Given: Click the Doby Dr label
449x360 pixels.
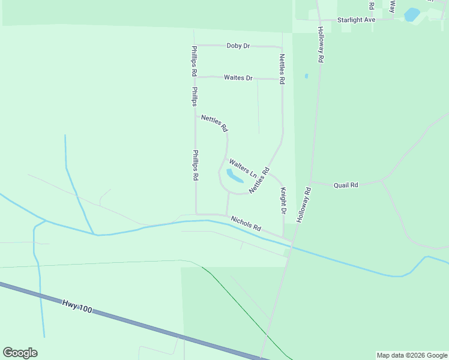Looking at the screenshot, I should coord(238,46).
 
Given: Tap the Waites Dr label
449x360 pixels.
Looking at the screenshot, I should coord(238,78).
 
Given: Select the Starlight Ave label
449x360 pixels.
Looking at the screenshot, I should coord(356,20).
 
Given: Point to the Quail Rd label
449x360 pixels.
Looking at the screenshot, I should coord(346,185).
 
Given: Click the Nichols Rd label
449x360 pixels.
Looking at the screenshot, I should coord(246,224).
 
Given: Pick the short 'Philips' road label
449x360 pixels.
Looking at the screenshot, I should coord(194,97).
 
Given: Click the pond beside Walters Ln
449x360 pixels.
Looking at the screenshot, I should coord(234,176).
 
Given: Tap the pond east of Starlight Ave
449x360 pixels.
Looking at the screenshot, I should coord(412,14).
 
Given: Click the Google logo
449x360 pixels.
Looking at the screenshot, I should coord(20,353).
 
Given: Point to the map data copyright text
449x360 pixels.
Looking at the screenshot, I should coord(412,355).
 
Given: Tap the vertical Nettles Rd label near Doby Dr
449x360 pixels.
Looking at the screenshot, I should coord(282,69).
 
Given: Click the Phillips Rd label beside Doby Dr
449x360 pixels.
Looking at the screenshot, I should coord(194,61).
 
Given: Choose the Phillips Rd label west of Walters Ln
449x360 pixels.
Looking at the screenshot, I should coord(195,166).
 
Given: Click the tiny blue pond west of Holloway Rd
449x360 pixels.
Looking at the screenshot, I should coord(306,76).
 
